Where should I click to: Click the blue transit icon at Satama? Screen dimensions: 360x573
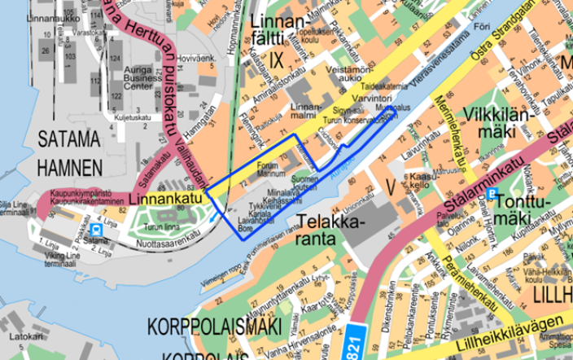pyautogui.click(x=98, y=230)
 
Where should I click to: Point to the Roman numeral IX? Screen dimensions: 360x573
pyautogui.click(x=275, y=59)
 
